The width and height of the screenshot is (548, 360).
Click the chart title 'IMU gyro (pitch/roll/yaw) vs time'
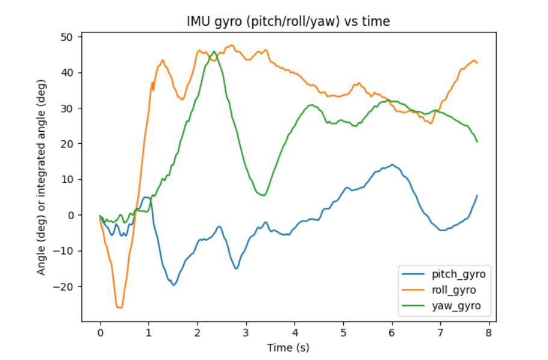pos(287,22)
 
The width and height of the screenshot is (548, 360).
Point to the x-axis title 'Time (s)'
pos(287,347)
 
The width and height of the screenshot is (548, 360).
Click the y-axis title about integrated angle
pos(42,179)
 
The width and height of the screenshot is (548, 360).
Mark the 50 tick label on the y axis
pos(66,37)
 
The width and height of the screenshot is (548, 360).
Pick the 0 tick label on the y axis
pos(69,215)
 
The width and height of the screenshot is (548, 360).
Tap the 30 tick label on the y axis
pos(66,108)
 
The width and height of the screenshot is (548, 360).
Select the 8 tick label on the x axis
pos(488,332)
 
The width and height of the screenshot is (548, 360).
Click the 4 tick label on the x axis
pos(294,332)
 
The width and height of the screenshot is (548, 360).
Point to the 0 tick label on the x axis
pos(100,332)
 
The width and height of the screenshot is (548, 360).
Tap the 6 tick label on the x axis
pos(391,332)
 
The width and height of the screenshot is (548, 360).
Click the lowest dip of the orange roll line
pos(120,308)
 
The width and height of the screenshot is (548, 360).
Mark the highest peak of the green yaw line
pos(214,52)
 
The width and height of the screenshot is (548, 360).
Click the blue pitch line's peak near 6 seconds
pos(392,164)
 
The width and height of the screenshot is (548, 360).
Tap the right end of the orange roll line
pos(477,63)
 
